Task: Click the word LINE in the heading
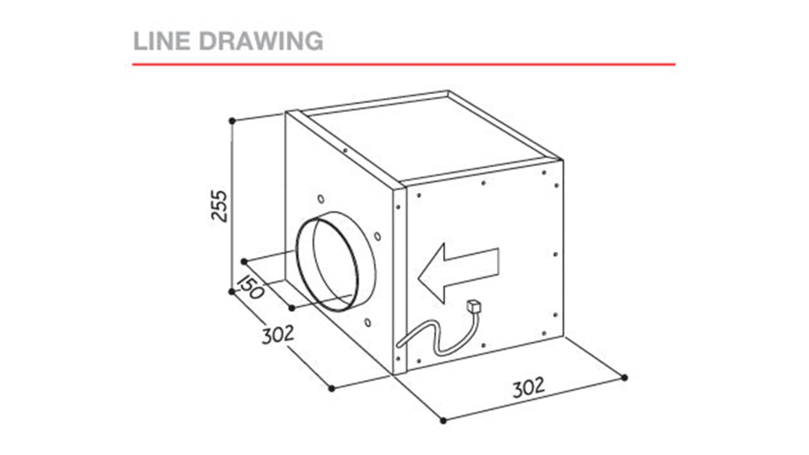click(x=162, y=41)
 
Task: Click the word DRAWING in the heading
click(x=261, y=41)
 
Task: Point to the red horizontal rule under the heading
click(x=404, y=65)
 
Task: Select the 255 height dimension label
click(x=219, y=206)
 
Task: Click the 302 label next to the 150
click(x=278, y=335)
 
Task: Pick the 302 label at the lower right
click(x=529, y=388)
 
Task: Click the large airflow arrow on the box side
click(x=458, y=272)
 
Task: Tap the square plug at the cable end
click(x=474, y=307)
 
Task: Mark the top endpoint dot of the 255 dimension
click(x=232, y=121)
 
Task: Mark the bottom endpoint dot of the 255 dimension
click(x=232, y=292)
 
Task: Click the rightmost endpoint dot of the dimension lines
click(x=625, y=378)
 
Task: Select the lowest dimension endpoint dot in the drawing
click(x=443, y=420)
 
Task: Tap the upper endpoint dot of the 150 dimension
click(x=244, y=261)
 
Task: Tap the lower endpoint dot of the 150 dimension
click(x=292, y=308)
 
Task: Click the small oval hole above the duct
click(x=321, y=199)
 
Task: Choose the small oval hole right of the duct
click(x=378, y=237)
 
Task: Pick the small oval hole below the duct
click(x=368, y=322)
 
